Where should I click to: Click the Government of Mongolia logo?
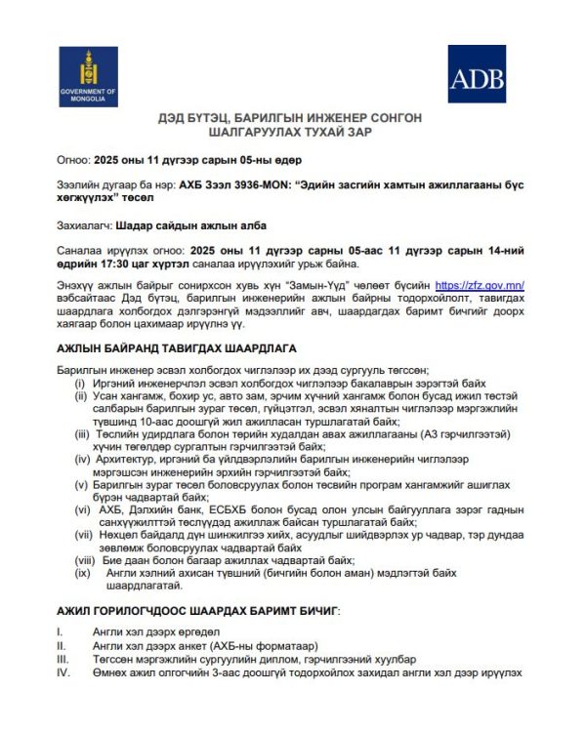[x=87, y=76]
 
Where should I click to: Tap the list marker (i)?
[x=82, y=384]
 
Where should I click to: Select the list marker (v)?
[x=82, y=484]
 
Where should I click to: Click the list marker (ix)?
[x=83, y=573]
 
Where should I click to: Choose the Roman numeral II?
[x=61, y=646]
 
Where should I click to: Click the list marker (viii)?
[x=83, y=560]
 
